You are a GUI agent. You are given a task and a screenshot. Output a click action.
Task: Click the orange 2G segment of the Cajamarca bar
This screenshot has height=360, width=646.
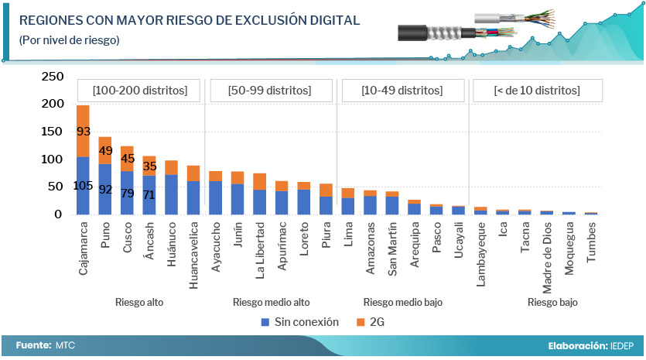83,131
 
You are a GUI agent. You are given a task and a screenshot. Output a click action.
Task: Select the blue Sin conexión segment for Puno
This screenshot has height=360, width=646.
105,189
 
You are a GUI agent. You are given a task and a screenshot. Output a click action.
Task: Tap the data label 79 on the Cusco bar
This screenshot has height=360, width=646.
127,193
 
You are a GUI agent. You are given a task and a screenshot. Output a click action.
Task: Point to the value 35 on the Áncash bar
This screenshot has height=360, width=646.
149,166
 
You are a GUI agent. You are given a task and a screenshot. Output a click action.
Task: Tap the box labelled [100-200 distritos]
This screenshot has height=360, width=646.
139,91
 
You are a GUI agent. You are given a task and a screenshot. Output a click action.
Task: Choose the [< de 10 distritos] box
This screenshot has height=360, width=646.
536,91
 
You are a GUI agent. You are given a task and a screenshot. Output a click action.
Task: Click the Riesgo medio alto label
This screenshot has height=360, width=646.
271,302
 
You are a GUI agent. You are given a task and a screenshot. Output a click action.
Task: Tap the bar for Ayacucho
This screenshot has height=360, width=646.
215,193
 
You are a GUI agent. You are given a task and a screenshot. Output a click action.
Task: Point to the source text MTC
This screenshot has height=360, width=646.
65,345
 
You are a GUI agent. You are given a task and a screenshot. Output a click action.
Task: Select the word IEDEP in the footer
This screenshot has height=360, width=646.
622,345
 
